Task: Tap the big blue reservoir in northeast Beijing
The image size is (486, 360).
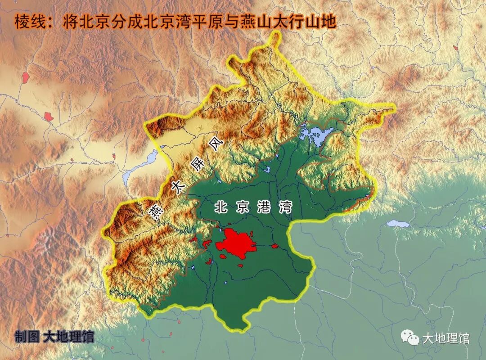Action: click(318, 135)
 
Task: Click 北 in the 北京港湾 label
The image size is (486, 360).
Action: click(220, 207)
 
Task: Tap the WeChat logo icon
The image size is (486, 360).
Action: click(410, 337)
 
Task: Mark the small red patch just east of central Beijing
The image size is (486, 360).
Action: click(274, 246)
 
